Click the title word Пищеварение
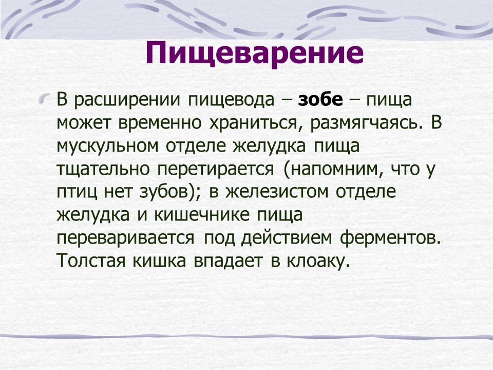(x=254, y=53)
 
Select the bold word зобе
(x=320, y=100)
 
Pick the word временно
(x=159, y=123)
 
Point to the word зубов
(x=163, y=192)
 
